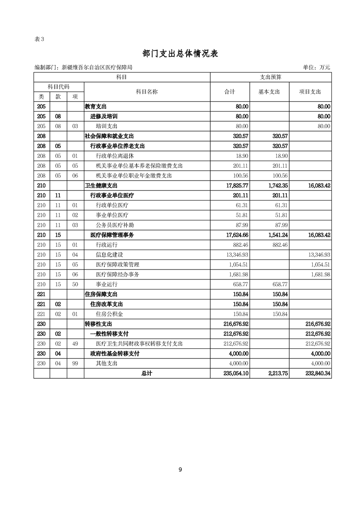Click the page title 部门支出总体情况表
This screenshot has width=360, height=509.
(180, 54)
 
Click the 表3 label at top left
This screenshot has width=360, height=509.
(39, 39)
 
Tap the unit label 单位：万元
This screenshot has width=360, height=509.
(316, 68)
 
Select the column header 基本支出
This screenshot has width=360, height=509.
(269, 92)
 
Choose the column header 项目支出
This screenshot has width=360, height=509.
(310, 92)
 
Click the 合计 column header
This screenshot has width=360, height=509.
(230, 92)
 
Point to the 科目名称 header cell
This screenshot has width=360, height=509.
(147, 92)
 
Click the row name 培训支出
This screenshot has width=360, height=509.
(107, 126)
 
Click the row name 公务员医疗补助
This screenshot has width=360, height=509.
(115, 225)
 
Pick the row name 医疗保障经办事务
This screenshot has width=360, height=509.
(118, 274)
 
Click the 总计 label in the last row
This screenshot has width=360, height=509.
(147, 373)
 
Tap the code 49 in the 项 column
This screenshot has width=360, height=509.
(75, 344)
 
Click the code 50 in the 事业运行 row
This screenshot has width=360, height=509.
(75, 284)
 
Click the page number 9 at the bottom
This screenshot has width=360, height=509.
(180, 470)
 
